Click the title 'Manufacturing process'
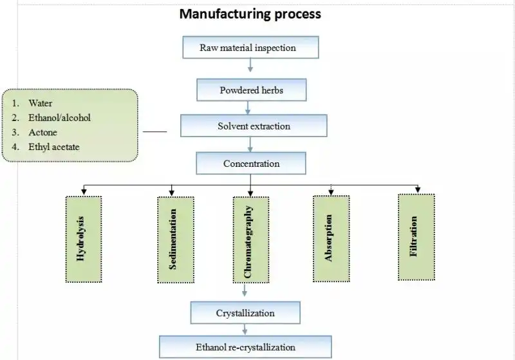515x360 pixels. tap(250, 14)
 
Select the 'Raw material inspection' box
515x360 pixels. tap(248, 48)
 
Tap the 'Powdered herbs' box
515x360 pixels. tap(251, 90)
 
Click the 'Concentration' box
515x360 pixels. tap(251, 164)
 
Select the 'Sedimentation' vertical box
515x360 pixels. tap(173, 238)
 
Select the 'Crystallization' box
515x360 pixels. tap(245, 313)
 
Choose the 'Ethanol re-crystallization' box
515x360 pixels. tap(245, 347)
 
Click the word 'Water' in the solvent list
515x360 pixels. tap(41, 103)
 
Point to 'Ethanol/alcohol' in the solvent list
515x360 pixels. tap(59, 118)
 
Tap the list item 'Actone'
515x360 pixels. tap(43, 133)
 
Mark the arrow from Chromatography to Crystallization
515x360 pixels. tap(245, 291)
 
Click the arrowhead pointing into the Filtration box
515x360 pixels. tap(418, 189)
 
